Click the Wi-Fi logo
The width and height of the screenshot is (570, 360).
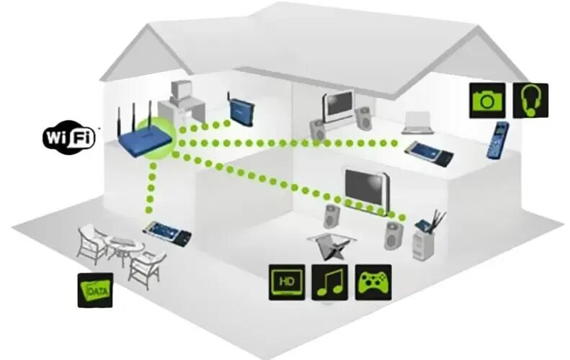coord(69,137)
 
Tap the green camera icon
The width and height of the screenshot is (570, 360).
coord(487,100)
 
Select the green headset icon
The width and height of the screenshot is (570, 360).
coord(530,100)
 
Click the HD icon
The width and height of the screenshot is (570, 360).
coord(287,282)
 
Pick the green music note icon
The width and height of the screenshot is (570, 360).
coord(331,282)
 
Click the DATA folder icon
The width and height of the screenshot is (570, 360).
coord(95,290)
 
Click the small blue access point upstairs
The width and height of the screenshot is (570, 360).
coord(239,109)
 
